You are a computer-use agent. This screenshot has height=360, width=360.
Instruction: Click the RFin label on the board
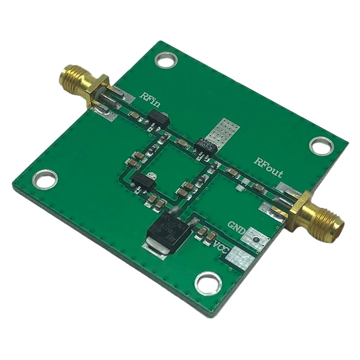[149, 99]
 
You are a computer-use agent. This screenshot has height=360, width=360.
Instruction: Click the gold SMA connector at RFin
[81, 82]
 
